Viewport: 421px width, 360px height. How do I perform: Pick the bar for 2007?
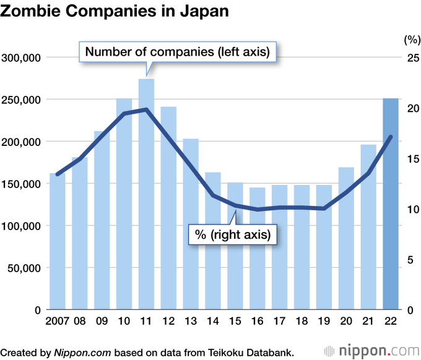tap(58, 241)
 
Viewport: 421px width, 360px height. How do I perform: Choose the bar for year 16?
tap(258, 247)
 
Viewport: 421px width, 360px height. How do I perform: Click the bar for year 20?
tap(347, 238)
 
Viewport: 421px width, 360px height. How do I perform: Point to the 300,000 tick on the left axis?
tap(22, 58)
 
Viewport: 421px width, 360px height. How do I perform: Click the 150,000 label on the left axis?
tap(22, 184)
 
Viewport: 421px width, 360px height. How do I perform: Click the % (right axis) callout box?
tap(233, 234)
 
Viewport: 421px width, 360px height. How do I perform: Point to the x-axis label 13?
tap(191, 322)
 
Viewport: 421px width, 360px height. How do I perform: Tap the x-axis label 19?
tap(324, 322)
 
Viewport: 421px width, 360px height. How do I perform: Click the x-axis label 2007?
tap(56, 322)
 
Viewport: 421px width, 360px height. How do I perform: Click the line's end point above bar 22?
tap(391, 137)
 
